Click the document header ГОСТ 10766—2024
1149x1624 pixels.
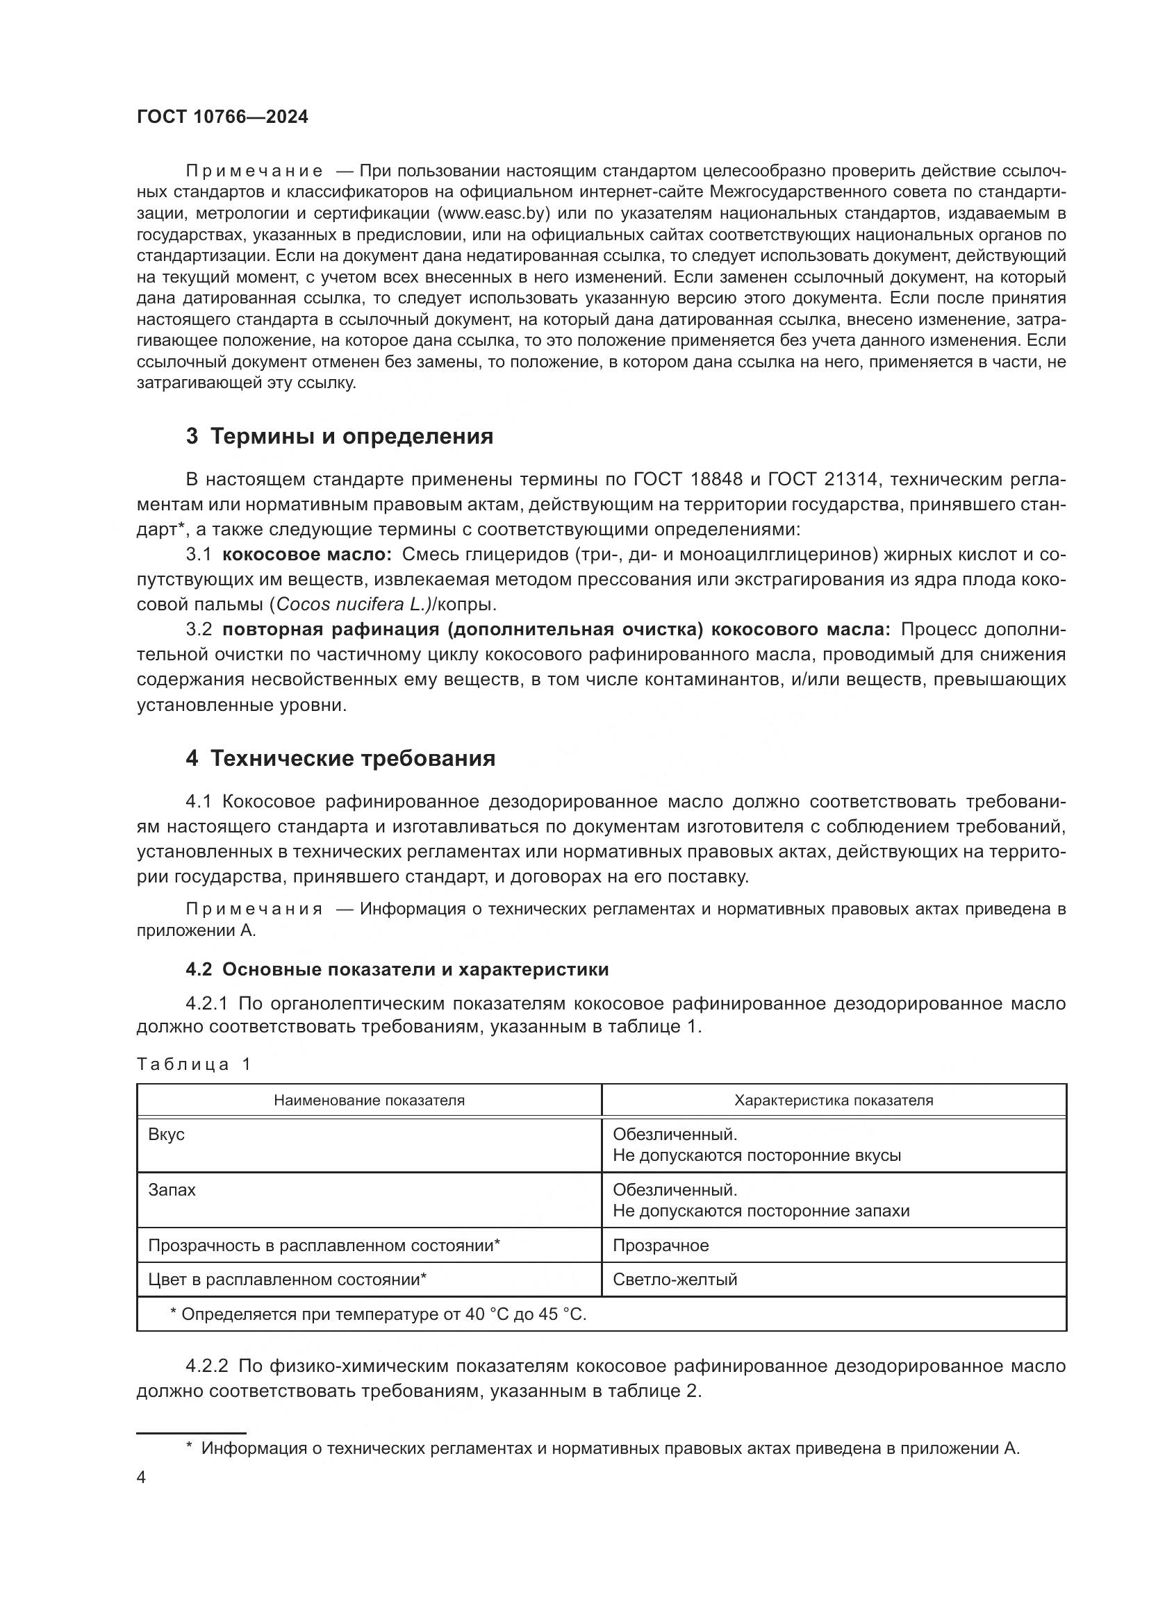coord(222,117)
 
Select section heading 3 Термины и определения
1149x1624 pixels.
coord(340,437)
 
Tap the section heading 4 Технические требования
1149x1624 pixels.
coord(340,759)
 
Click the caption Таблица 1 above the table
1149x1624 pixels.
coord(194,1064)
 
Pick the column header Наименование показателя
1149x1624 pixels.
coord(369,1100)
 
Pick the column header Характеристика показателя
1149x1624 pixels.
coord(834,1100)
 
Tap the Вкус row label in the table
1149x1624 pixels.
coord(166,1135)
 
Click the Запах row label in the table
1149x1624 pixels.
coord(171,1190)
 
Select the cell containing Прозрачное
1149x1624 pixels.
coord(660,1246)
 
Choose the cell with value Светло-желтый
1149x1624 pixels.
coord(675,1280)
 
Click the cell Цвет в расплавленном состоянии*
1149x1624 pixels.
coord(286,1280)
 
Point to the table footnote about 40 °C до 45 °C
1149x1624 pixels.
coord(379,1314)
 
